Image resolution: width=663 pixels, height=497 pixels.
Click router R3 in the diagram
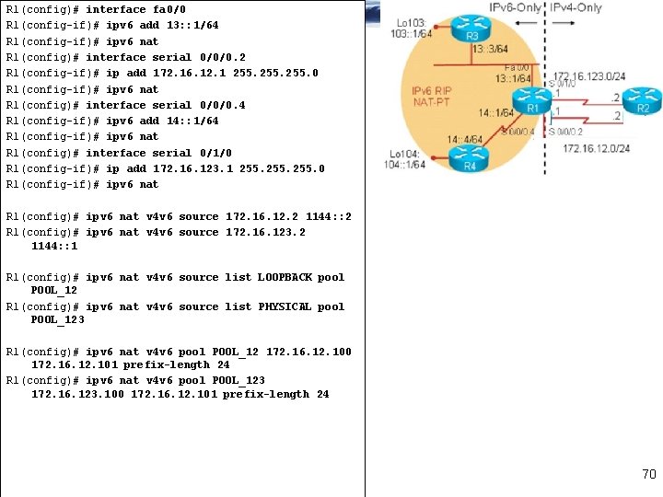click(x=471, y=27)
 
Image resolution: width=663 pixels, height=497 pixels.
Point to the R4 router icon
click(x=469, y=159)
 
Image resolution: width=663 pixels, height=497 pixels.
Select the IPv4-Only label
click(x=577, y=7)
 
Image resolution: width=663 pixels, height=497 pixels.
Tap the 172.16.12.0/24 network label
click(x=596, y=148)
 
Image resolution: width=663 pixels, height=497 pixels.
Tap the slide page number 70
click(x=648, y=475)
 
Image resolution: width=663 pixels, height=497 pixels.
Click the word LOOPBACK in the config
click(x=285, y=277)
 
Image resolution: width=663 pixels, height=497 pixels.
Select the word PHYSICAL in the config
click(x=285, y=306)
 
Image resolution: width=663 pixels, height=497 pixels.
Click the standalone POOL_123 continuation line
click(x=57, y=319)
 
